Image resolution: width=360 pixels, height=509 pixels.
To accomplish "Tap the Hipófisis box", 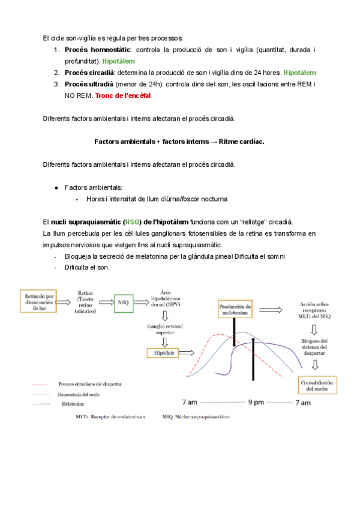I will coord(160,353).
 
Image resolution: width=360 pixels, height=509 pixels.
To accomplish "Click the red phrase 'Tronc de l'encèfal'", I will coord(124,95).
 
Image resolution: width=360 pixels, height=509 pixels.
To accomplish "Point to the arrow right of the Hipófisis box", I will coord(190,353).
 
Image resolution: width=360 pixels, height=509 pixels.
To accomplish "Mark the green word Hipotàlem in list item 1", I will coord(119,61).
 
